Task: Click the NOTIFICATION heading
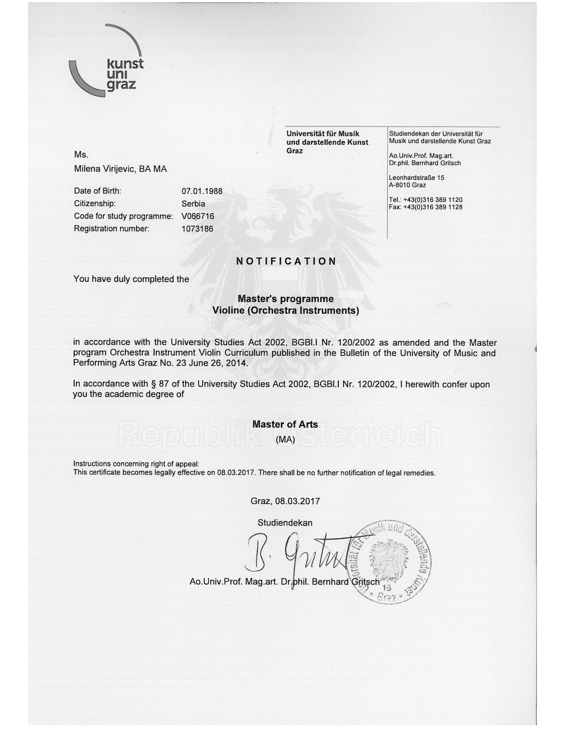tap(286, 261)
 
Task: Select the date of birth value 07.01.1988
tap(202, 191)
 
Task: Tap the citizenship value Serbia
tap(193, 204)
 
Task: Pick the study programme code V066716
tap(197, 216)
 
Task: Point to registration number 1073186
tap(197, 229)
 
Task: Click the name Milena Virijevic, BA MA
tap(120, 169)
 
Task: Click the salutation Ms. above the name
tap(81, 155)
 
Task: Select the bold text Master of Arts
tap(285, 424)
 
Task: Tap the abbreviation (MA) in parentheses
tap(285, 440)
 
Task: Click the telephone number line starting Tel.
tap(425, 200)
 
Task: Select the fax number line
tap(425, 207)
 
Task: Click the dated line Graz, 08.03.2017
tap(285, 501)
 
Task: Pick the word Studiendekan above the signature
tap(285, 523)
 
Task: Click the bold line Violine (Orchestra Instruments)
tap(286, 310)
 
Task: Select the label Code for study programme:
tap(123, 216)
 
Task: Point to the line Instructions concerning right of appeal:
tap(136, 464)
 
